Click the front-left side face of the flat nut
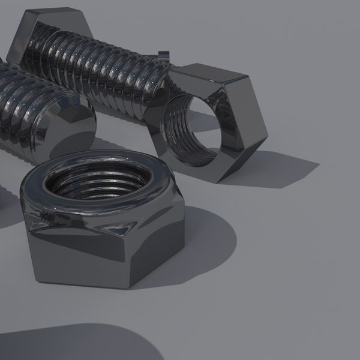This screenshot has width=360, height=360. coord(78,252)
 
